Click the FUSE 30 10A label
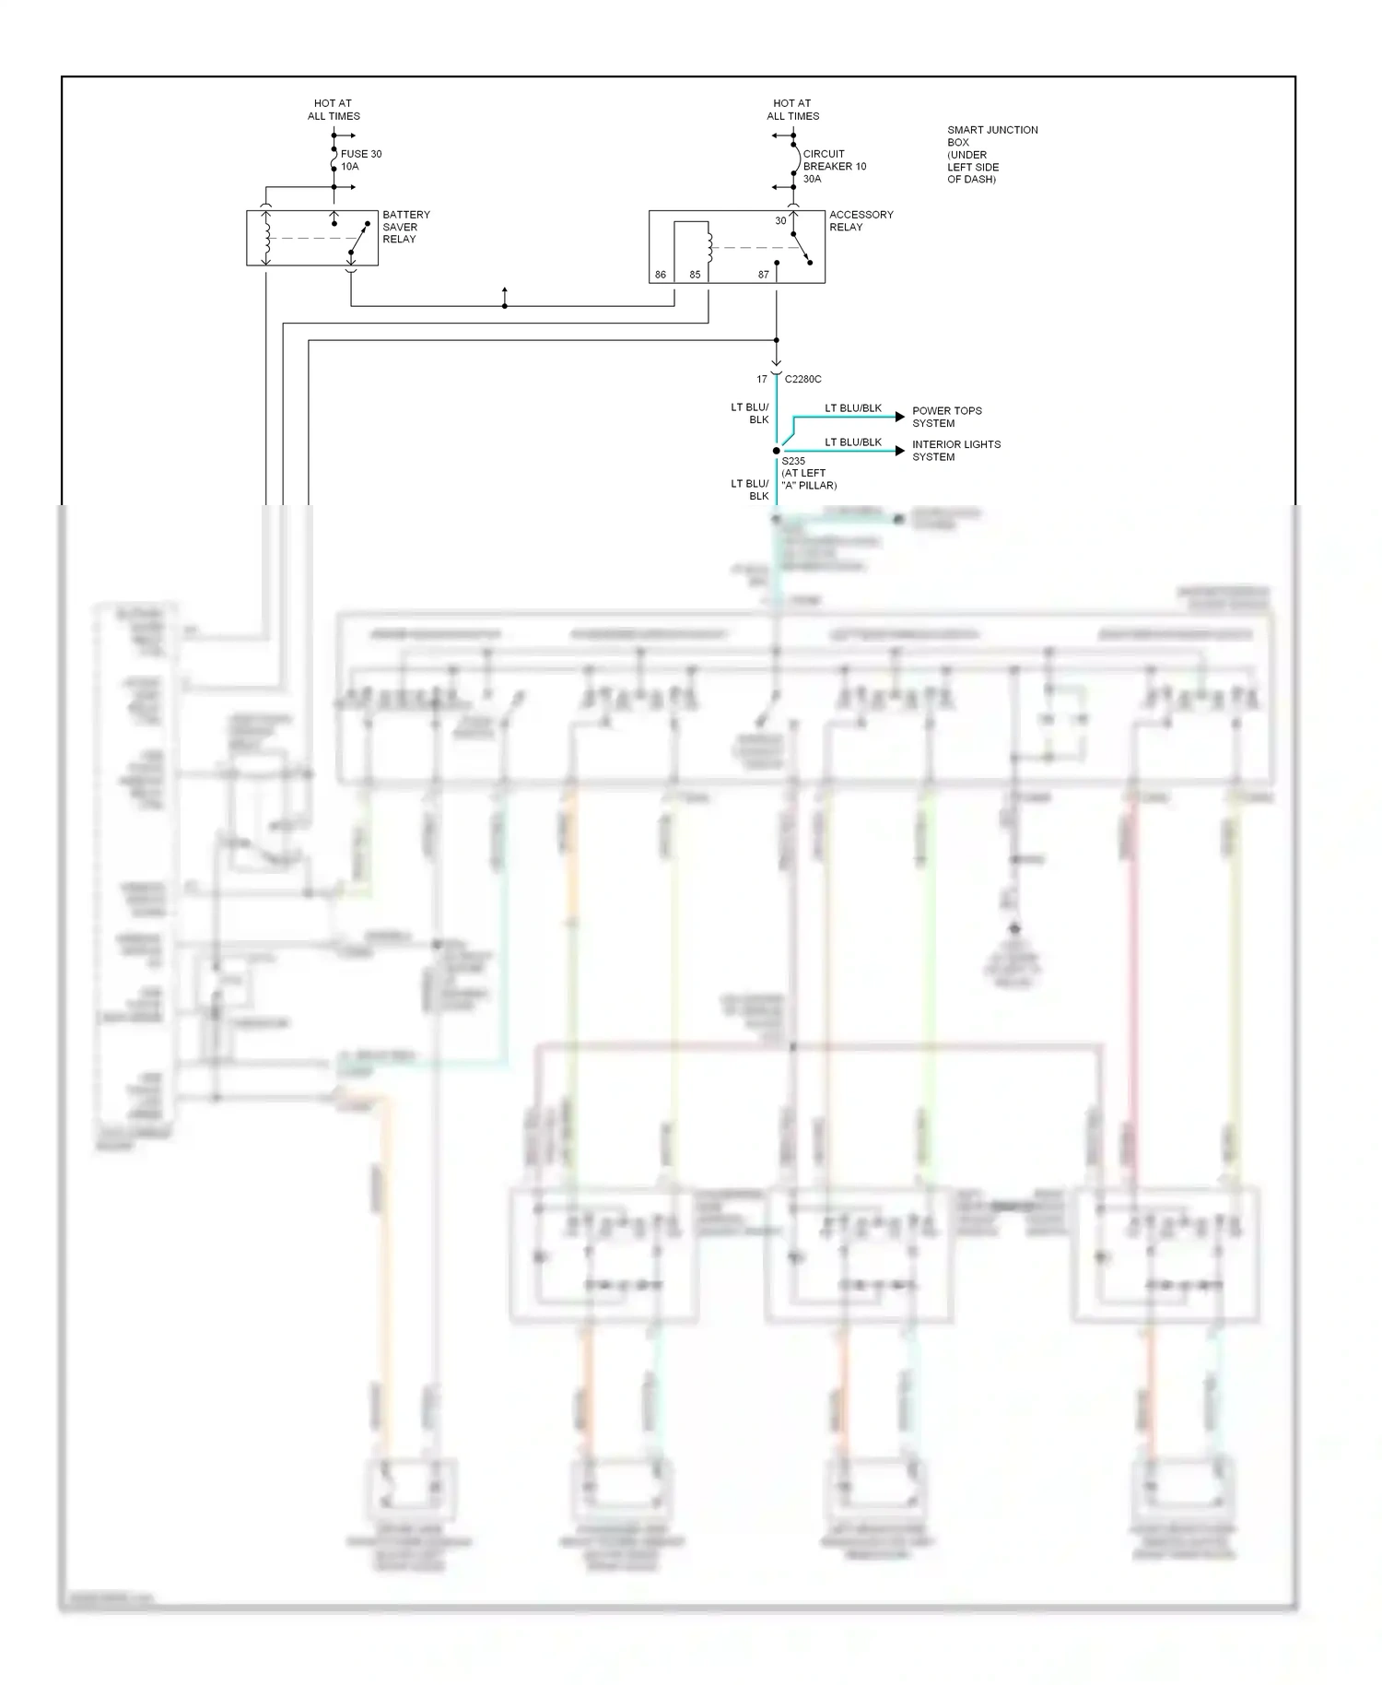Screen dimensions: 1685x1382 (360, 160)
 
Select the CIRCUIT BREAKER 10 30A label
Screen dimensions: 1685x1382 (834, 166)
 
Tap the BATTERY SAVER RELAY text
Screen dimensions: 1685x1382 (405, 227)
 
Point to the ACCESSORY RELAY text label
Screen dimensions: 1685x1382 (861, 221)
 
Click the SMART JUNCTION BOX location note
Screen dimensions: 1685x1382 (991, 154)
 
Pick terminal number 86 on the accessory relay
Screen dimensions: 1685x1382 (661, 275)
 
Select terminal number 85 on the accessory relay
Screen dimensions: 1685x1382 (695, 275)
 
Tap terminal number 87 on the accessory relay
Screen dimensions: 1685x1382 (763, 275)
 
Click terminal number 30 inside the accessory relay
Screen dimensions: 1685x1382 (780, 221)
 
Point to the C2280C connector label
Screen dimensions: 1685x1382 (802, 379)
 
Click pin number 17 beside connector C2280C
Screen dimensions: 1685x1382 (762, 379)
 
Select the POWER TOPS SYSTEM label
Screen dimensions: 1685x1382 (946, 417)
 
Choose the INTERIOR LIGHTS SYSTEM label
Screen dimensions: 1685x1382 (955, 451)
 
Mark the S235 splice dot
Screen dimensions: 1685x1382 (777, 451)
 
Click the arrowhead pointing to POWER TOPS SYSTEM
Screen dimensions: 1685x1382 (900, 417)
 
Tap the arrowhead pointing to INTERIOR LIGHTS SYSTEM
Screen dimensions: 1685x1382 (900, 451)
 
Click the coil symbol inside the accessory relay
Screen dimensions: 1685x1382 (709, 243)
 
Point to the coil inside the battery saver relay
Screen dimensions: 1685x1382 (266, 238)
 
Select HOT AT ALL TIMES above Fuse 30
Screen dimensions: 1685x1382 (334, 110)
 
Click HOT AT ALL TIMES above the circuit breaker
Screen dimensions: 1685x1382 (792, 110)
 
